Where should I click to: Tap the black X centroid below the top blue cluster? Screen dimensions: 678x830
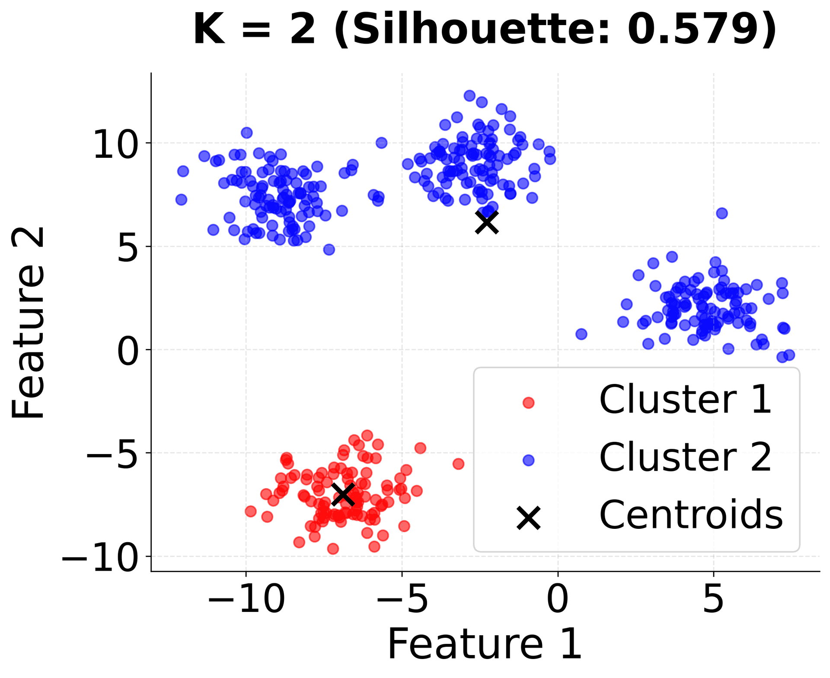487,222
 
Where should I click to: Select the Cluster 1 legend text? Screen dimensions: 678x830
685,400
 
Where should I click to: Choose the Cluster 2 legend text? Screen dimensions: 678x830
685,458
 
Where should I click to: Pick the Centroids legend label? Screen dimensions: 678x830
691,515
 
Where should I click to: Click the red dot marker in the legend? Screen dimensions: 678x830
528,403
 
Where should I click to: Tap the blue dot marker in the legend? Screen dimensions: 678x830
528,461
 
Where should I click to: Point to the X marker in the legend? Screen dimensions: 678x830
528,518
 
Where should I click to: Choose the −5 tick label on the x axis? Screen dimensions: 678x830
402,600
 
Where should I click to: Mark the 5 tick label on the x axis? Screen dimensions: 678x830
713,600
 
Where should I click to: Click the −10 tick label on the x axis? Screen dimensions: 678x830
246,600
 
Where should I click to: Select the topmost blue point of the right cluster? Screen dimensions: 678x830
721,213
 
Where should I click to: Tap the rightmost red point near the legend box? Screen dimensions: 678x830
458,464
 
